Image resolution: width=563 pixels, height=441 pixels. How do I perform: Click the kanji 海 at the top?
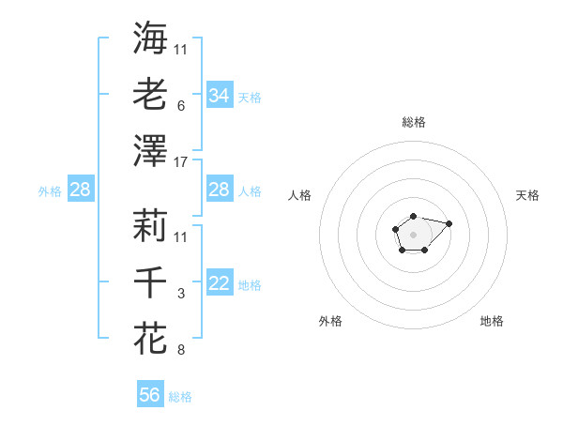click(150, 38)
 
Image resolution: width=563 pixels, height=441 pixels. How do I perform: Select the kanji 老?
click(150, 94)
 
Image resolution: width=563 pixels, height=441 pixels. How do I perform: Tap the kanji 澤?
click(150, 150)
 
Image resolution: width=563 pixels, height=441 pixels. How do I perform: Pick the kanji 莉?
click(150, 225)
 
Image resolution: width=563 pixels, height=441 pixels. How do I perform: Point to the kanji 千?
click(150, 281)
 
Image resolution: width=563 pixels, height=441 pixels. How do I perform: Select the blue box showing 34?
click(219, 96)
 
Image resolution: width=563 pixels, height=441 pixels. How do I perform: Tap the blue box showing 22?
click(219, 284)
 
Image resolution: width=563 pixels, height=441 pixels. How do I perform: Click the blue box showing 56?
click(150, 395)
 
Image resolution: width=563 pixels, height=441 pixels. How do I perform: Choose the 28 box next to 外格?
click(80, 190)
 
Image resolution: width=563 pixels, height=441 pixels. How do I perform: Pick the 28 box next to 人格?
click(219, 190)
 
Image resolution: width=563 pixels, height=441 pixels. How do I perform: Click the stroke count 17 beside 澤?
click(181, 162)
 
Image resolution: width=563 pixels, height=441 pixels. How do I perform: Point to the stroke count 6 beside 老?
click(180, 106)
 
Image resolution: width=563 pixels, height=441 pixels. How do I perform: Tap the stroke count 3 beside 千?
click(180, 295)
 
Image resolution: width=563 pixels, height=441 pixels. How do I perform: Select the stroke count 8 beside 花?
click(180, 351)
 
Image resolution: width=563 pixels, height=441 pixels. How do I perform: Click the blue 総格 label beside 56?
click(180, 397)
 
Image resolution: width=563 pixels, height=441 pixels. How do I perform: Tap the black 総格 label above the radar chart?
click(413, 122)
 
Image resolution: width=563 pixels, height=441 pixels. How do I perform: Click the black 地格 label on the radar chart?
click(492, 321)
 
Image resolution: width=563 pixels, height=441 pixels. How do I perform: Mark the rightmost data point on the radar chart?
click(449, 223)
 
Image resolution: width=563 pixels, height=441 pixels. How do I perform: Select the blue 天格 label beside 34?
click(250, 97)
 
